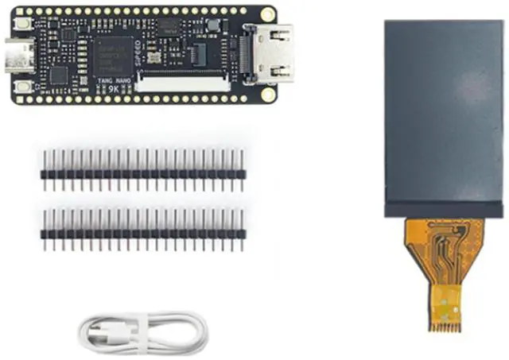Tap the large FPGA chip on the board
(x=114, y=56)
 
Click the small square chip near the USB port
(x=58, y=75)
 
